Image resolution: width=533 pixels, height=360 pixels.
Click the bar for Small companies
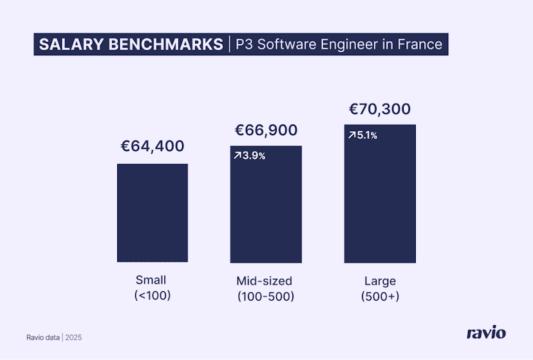click(152, 213)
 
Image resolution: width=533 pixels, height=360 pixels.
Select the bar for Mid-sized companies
click(266, 213)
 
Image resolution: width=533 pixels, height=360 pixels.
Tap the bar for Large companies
click(380, 200)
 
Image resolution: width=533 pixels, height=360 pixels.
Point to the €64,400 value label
click(153, 146)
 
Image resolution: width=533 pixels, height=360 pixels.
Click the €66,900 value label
click(266, 130)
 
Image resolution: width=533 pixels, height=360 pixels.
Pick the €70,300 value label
click(380, 109)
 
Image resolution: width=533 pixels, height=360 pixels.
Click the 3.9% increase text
click(254, 156)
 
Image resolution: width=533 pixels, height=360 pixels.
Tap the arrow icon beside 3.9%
click(238, 156)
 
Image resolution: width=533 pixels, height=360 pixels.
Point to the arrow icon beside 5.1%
click(351, 135)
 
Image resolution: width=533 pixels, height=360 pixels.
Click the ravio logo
click(486, 333)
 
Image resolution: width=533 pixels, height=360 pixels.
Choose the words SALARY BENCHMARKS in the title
click(130, 44)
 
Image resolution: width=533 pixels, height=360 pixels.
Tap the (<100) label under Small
click(151, 296)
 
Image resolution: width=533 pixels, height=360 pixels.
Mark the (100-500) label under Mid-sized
click(265, 296)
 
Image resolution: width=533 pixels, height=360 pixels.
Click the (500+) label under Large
click(380, 296)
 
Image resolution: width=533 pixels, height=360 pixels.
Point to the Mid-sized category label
click(265, 281)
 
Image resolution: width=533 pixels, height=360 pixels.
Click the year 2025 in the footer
click(73, 337)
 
